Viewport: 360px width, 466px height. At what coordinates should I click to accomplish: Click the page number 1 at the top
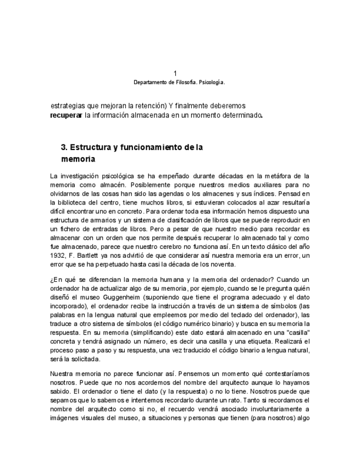[x=175, y=74]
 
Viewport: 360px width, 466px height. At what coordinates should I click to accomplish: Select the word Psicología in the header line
[x=211, y=82]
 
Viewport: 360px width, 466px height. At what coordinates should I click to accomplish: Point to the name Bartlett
[x=88, y=256]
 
